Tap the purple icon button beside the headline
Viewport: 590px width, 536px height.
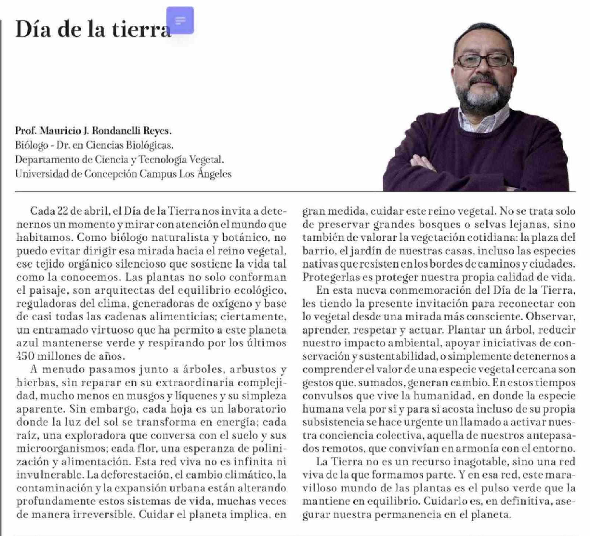click(180, 20)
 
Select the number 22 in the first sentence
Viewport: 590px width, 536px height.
click(63, 211)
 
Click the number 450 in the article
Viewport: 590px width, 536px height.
click(25, 356)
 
